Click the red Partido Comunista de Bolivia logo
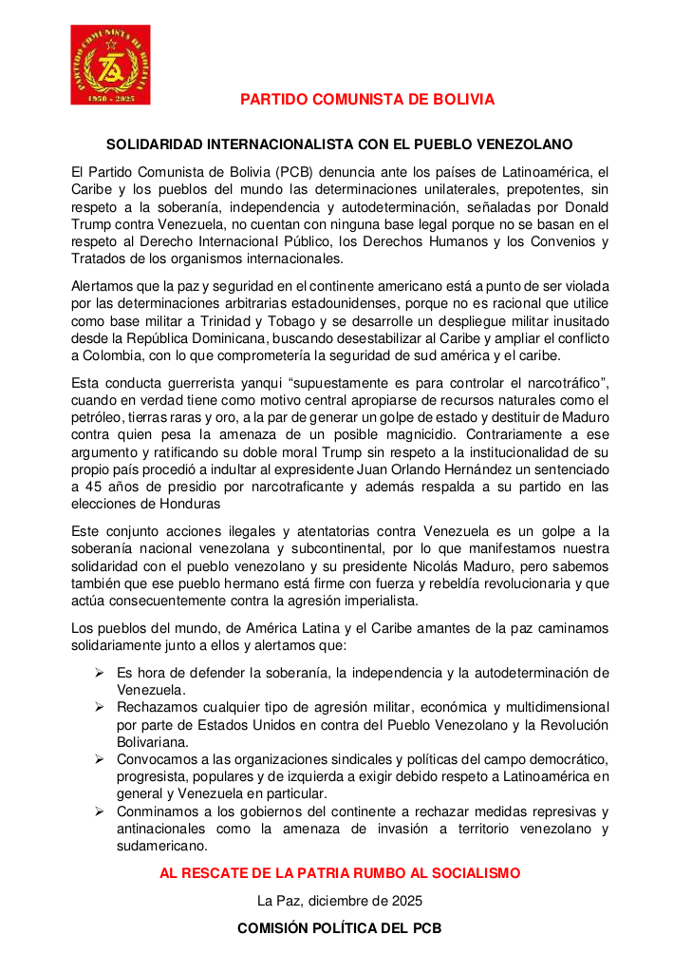pyautogui.click(x=110, y=65)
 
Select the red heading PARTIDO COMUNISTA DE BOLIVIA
pyautogui.click(x=366, y=100)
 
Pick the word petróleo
pyautogui.click(x=101, y=417)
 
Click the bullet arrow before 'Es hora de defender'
pyautogui.click(x=99, y=673)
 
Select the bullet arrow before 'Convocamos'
pyautogui.click(x=99, y=759)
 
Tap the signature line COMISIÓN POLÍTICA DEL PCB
pyautogui.click(x=339, y=928)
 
